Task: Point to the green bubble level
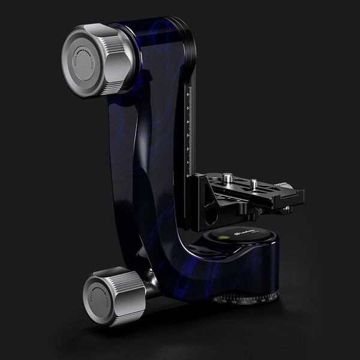[x=223, y=238]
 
